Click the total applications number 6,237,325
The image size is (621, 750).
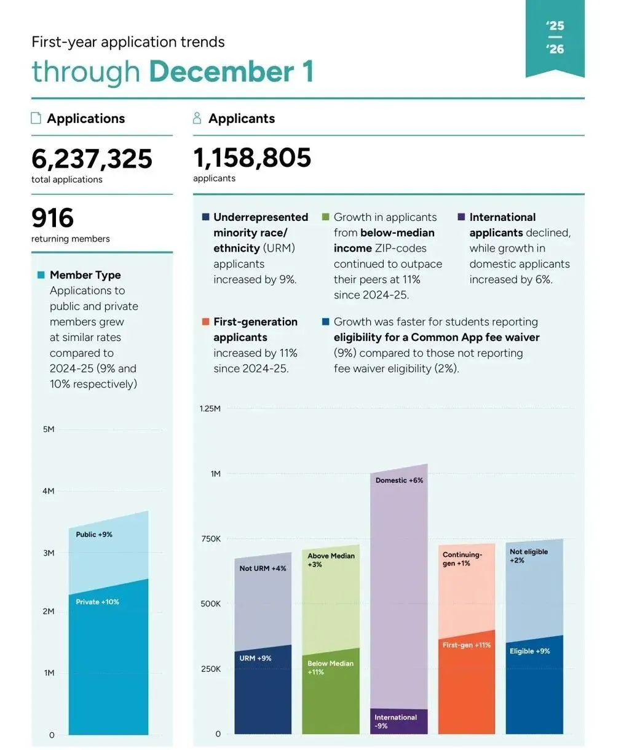(x=92, y=159)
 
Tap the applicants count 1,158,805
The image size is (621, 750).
(x=252, y=158)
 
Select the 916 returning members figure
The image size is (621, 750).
(x=52, y=218)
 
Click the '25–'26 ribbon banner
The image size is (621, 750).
(x=555, y=38)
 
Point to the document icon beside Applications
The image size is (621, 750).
(x=36, y=118)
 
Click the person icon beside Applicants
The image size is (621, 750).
(x=197, y=118)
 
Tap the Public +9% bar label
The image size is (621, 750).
(x=94, y=534)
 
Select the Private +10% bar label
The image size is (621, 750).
(x=97, y=602)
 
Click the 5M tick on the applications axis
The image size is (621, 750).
(x=49, y=429)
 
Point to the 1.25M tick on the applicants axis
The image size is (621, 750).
(x=210, y=409)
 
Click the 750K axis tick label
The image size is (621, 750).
(x=211, y=539)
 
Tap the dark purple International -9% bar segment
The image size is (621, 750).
(x=399, y=722)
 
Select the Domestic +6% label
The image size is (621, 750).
(x=399, y=481)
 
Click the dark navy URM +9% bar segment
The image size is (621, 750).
(x=263, y=690)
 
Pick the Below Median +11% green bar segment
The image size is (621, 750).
(x=331, y=692)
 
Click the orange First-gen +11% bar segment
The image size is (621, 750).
(x=466, y=682)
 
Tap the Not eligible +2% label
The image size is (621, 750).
(x=529, y=556)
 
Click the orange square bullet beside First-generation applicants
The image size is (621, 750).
(x=206, y=322)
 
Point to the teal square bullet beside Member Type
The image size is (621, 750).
(x=41, y=275)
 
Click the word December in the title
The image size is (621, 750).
(x=221, y=71)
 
